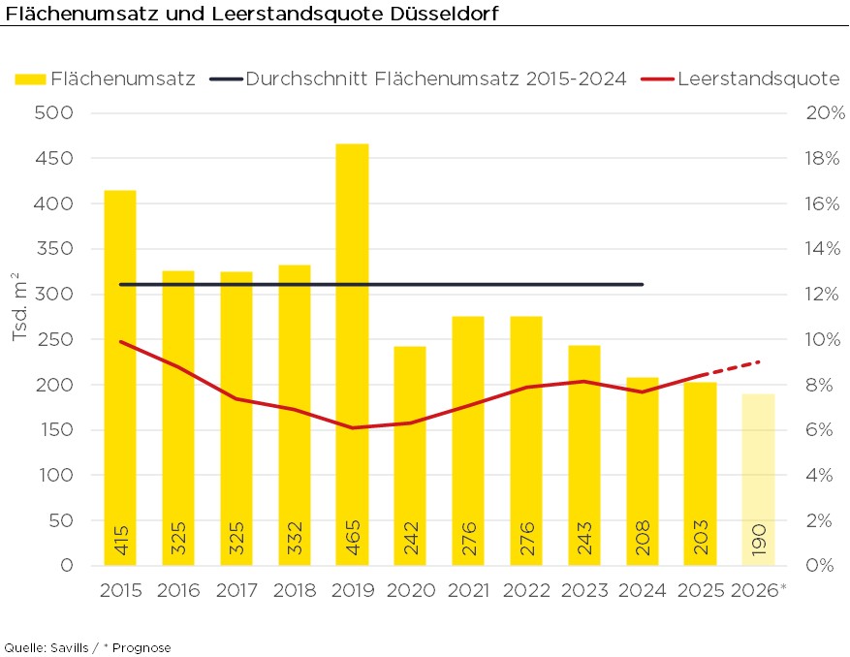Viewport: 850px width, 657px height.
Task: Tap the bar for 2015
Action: coord(120,378)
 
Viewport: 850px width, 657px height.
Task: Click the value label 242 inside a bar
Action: coord(411,540)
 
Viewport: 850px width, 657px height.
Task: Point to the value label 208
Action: coord(643,540)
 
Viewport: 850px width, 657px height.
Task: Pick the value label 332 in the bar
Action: coord(295,540)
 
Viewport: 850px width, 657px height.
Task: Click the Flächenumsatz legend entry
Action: coord(106,78)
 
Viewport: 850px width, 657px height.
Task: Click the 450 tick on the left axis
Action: coord(56,158)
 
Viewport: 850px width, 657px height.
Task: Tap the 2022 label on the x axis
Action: coord(526,590)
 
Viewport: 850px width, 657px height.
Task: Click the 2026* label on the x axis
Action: coord(759,590)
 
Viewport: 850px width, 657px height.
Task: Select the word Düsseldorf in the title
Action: coord(444,15)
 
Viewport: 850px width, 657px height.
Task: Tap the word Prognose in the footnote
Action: coord(142,647)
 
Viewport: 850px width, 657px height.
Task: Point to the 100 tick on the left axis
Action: coord(56,475)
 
